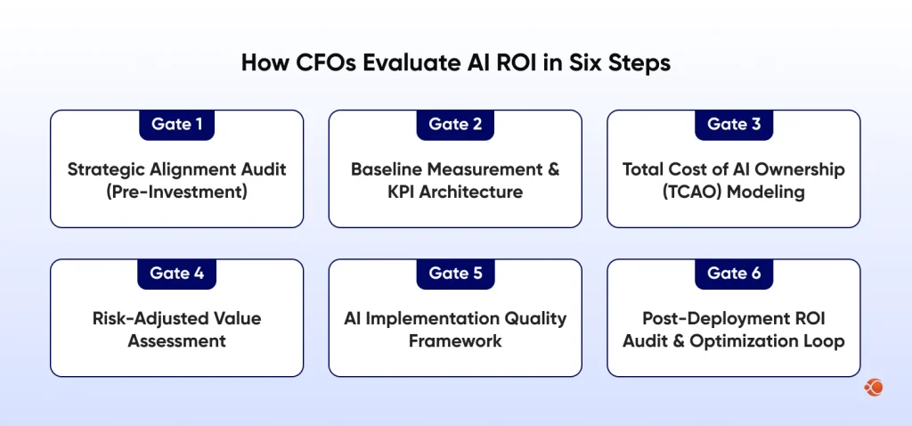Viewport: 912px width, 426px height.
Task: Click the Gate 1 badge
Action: [176, 125]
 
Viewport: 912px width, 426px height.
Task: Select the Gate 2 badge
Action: [455, 125]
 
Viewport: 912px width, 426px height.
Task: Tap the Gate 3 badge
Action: [734, 125]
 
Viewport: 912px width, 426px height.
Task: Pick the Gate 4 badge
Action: [176, 274]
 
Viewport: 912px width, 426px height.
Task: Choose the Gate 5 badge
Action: [455, 274]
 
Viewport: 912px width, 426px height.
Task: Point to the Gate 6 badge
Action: [734, 274]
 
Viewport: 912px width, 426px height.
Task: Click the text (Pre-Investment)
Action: [176, 193]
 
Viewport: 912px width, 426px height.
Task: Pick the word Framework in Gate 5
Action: [455, 341]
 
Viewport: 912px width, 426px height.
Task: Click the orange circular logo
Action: [874, 387]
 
